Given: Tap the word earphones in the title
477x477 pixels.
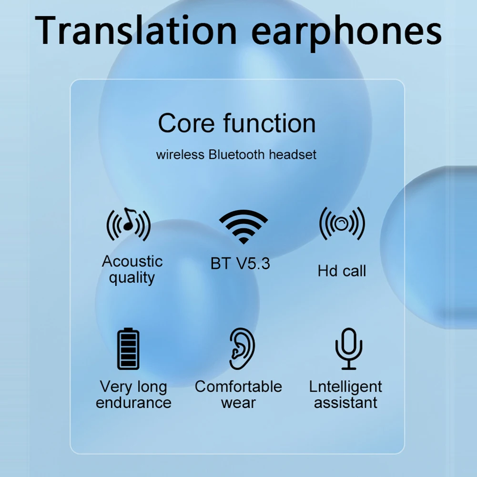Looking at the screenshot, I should coord(346,31).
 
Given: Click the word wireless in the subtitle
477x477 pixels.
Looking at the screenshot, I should coord(181,155).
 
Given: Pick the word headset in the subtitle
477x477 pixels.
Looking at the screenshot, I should coord(293,154).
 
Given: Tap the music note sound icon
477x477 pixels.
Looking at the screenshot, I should coord(128,224).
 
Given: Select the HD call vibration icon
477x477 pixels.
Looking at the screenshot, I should coord(342,223).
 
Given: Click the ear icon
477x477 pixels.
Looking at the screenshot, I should coord(242,349).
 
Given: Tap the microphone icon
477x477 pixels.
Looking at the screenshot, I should coord(349,348).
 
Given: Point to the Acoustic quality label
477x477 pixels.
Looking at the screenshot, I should coord(132,269).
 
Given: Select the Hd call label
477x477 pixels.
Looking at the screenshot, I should coord(342,271).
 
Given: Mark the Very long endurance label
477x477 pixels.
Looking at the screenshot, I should coord(133,395).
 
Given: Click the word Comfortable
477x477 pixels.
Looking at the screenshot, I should coord(238,386).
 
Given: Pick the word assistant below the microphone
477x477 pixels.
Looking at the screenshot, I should coord(345,402).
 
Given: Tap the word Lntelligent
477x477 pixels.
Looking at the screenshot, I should coord(345,386).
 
